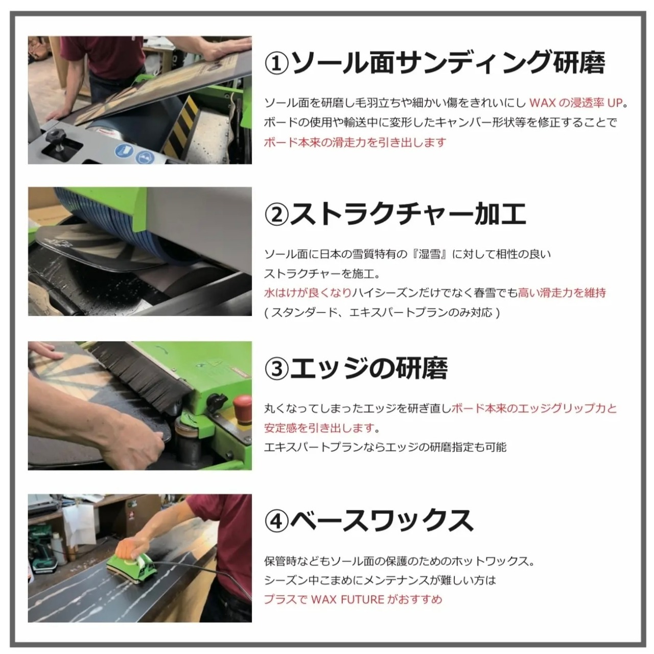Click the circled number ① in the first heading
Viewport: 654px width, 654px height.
pyautogui.click(x=276, y=63)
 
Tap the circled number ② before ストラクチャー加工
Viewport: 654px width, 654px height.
pyautogui.click(x=276, y=215)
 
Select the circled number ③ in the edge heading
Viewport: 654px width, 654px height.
pyautogui.click(x=276, y=369)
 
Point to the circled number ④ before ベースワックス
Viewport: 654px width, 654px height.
pyautogui.click(x=276, y=521)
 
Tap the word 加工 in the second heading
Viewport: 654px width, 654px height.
pyautogui.click(x=501, y=215)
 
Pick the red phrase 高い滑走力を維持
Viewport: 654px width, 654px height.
pyautogui.click(x=562, y=293)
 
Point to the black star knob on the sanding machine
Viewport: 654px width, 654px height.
pyautogui.click(x=54, y=138)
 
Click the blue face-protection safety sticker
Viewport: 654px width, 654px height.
pyautogui.click(x=145, y=158)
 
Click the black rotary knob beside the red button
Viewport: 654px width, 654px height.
pyautogui.click(x=214, y=401)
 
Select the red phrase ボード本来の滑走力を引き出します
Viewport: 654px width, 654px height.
pyautogui.click(x=355, y=142)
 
